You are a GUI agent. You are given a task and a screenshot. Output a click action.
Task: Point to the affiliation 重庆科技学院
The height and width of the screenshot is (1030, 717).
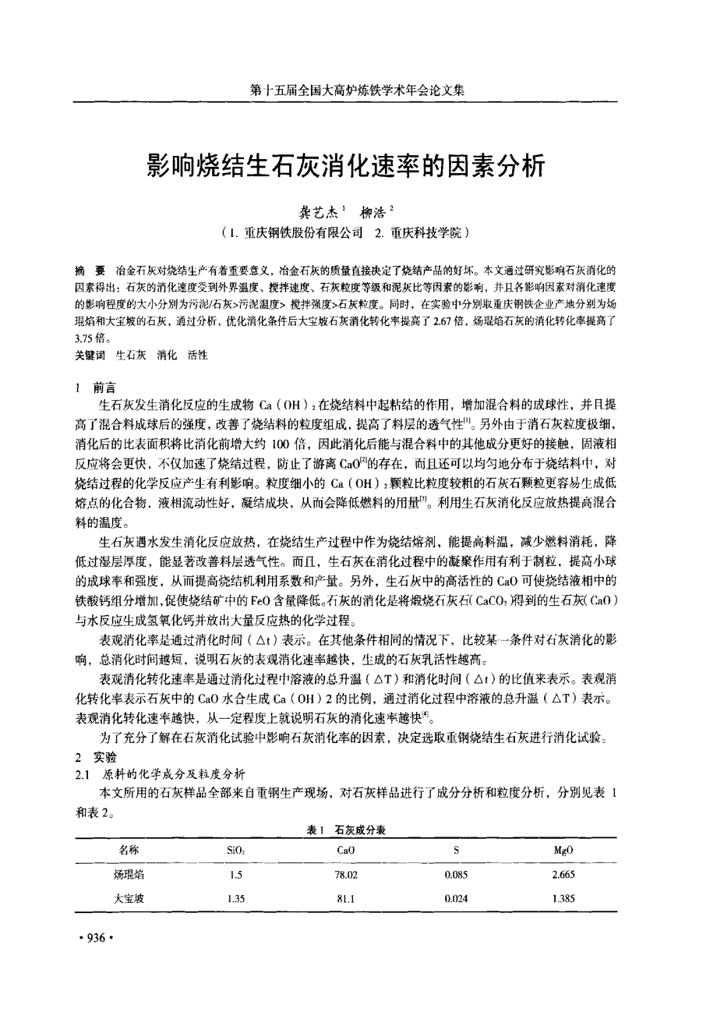click(x=424, y=232)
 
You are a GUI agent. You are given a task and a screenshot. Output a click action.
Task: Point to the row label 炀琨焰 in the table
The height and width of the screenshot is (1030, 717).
click(x=129, y=875)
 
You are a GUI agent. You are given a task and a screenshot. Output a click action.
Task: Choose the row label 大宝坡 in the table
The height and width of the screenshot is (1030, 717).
click(x=129, y=898)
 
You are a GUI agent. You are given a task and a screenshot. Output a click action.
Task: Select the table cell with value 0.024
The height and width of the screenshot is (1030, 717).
click(x=456, y=898)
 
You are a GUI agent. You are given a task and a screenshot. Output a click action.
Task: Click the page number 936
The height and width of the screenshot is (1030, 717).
click(x=97, y=938)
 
